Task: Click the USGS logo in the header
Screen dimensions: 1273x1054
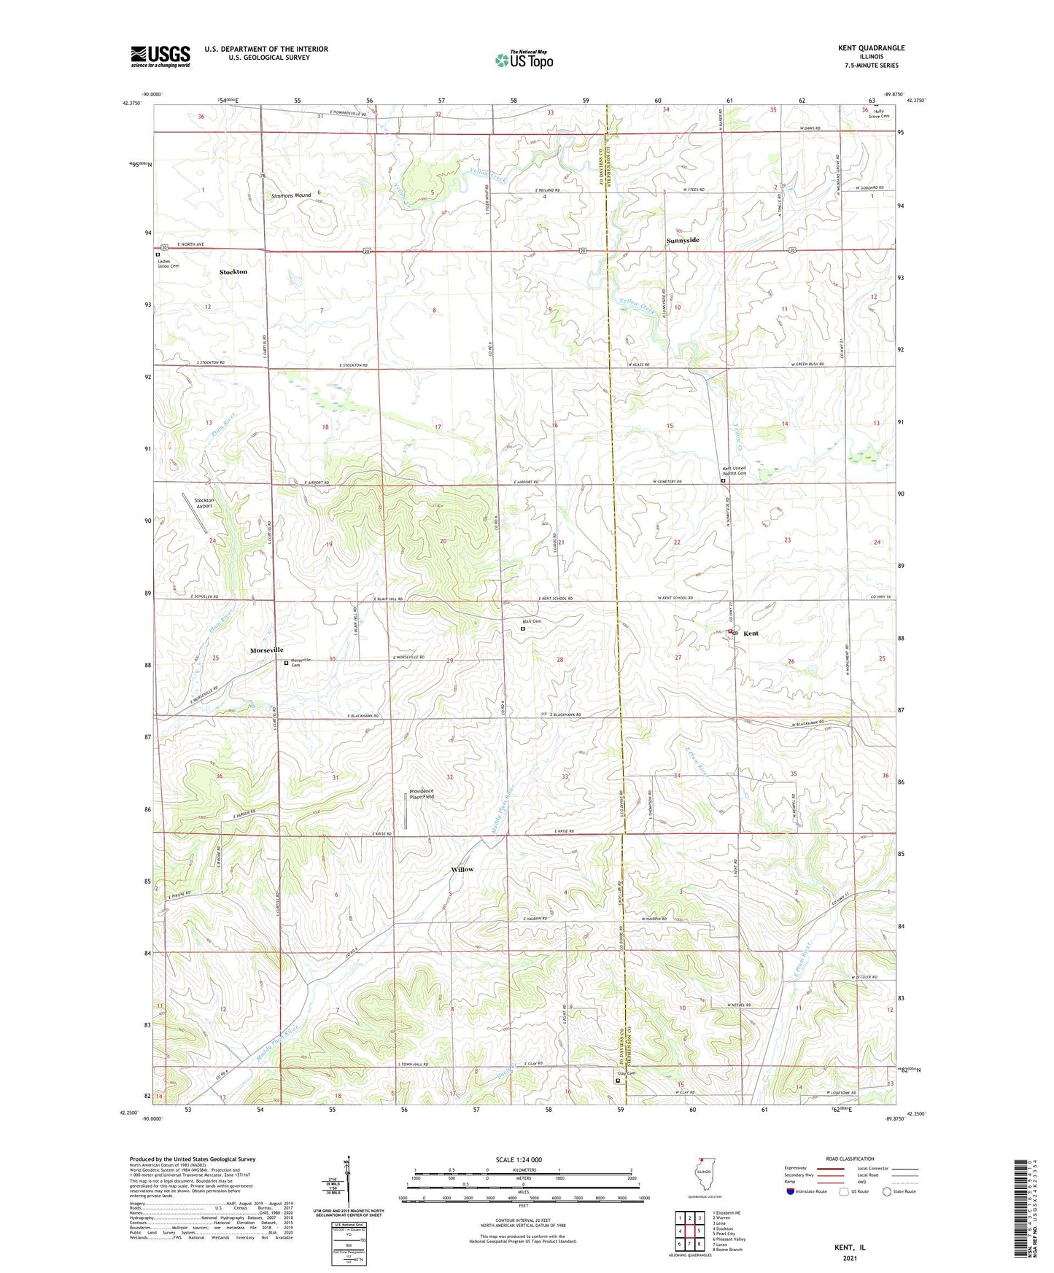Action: coord(160,55)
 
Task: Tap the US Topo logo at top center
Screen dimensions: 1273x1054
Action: coord(523,60)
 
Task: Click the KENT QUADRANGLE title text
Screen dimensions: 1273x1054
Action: coord(871,48)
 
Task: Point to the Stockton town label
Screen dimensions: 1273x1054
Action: coord(233,272)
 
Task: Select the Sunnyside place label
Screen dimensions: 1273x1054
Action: coord(683,241)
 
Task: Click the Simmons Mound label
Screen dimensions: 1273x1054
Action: coord(291,195)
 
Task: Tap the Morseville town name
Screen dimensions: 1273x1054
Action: coord(266,650)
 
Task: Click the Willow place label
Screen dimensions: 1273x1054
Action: coord(462,869)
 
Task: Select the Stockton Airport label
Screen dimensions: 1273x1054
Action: coord(204,503)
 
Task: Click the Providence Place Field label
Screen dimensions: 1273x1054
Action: coord(422,794)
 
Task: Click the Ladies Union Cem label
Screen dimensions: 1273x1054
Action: coord(168,263)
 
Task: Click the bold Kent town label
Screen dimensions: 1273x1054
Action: coord(751,634)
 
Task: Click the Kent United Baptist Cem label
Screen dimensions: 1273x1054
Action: coord(735,471)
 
